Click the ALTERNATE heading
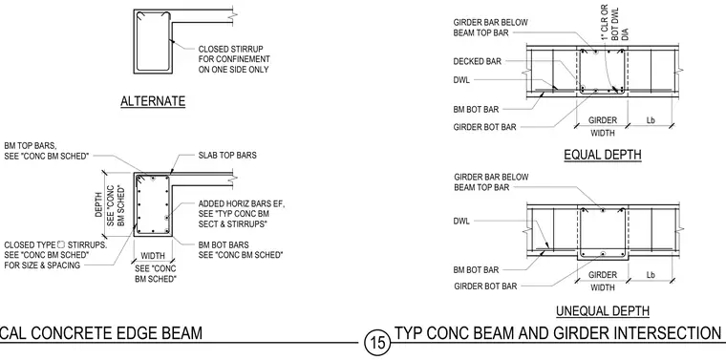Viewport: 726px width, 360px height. [x=153, y=101]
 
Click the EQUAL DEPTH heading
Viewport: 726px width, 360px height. [x=603, y=155]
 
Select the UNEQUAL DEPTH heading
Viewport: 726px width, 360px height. [x=603, y=311]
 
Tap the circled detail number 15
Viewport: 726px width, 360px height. [x=377, y=343]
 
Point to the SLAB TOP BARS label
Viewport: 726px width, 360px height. [x=227, y=156]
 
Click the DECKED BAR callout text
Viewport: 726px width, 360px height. [x=477, y=61]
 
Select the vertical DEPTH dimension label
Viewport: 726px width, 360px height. [x=99, y=203]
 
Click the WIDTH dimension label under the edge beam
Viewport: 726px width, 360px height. [x=153, y=256]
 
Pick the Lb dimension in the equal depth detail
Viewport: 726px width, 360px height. [x=651, y=120]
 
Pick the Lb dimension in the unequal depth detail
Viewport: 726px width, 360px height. [x=651, y=275]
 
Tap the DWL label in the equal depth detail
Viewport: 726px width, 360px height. [x=461, y=80]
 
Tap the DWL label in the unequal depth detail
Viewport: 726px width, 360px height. [x=461, y=222]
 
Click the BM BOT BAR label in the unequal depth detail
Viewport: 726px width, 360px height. [x=476, y=270]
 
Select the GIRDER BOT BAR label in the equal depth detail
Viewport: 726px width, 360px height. [x=484, y=127]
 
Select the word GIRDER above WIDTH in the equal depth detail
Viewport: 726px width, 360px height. [x=603, y=120]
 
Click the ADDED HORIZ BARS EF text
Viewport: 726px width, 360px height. [x=242, y=204]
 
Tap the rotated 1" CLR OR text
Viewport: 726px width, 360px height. [x=605, y=22]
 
